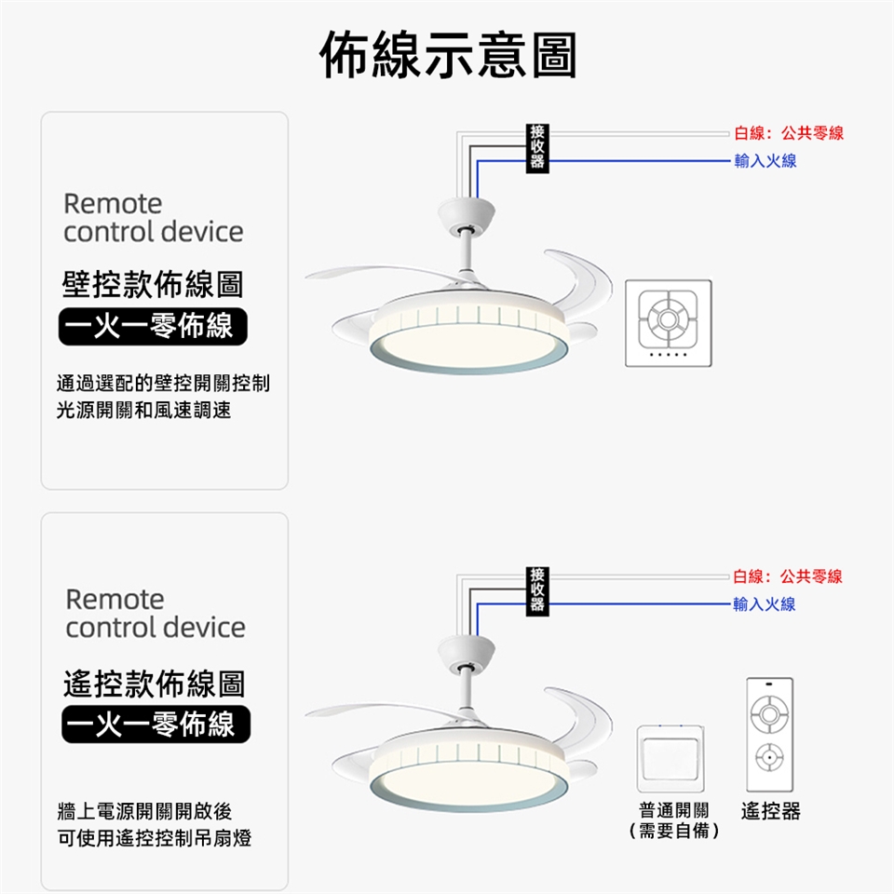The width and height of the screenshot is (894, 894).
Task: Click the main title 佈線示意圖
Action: [x=447, y=56]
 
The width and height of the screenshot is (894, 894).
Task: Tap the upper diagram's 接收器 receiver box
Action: [x=537, y=147]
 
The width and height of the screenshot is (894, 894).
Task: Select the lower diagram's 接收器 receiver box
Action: [x=537, y=589]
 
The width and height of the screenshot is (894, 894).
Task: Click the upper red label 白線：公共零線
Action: [x=788, y=134]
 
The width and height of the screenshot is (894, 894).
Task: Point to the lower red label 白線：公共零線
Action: [x=788, y=576]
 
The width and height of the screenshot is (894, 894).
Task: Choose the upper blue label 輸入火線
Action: [x=765, y=162]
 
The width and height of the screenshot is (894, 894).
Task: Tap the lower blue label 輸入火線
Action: [x=765, y=604]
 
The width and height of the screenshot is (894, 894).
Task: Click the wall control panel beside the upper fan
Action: [x=668, y=323]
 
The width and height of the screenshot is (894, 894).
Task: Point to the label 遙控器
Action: [x=770, y=811]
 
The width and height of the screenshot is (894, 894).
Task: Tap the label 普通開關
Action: [x=673, y=811]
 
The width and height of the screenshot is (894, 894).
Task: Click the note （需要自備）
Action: [x=673, y=831]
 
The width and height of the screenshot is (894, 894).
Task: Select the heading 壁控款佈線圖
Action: [x=153, y=286]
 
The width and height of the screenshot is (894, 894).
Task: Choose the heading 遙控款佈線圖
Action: [x=154, y=684]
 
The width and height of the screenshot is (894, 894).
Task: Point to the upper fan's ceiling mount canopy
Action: [x=467, y=212]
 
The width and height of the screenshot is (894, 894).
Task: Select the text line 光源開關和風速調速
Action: [x=143, y=410]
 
